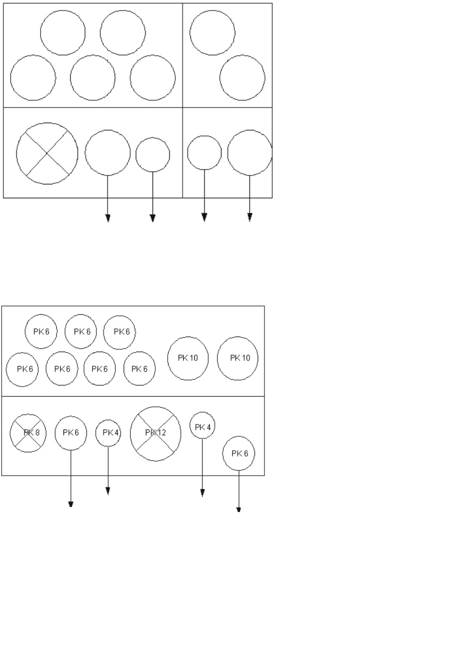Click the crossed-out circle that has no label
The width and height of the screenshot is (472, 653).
coord(47,152)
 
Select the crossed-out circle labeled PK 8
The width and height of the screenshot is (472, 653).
coord(28,432)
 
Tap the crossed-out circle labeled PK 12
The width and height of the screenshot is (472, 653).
coord(155,433)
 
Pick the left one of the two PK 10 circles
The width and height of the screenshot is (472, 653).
coord(188,358)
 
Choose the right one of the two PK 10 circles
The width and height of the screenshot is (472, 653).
coord(238,358)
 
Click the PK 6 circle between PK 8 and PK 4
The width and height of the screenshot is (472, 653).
coord(71,432)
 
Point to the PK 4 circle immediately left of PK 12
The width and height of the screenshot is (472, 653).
coord(108,433)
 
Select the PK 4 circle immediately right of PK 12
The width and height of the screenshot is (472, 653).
coord(203,426)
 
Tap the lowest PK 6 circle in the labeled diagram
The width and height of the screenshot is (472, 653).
coord(239,454)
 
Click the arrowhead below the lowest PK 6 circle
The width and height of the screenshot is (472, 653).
coord(239,509)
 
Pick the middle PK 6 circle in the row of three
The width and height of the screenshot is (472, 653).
coord(81,332)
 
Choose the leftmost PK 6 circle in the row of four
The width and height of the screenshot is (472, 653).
coord(22,369)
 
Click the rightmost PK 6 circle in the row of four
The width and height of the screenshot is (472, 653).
coord(139,369)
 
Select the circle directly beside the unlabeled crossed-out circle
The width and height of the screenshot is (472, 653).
coord(107,152)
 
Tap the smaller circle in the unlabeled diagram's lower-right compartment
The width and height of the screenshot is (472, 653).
coord(204,152)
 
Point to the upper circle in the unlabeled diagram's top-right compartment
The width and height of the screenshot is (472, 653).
coord(212,32)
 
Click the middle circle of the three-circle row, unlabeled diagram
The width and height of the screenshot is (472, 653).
coord(93,77)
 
